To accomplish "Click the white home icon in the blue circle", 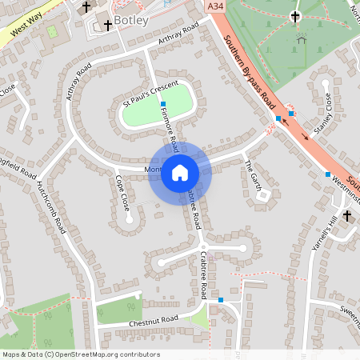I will [180, 173].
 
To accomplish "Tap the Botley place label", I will [130, 20].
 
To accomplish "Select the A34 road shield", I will [214, 6].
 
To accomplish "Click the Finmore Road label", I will [169, 130].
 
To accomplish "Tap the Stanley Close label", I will [325, 113].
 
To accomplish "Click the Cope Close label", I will [122, 193].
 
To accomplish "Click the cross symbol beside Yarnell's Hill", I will [347, 216].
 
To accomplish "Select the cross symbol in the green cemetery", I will [294, 16].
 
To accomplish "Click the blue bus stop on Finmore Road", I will [162, 105].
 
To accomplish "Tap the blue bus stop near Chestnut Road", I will [220, 299].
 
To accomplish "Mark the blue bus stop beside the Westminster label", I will [327, 174].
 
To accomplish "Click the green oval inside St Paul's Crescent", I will [158, 105].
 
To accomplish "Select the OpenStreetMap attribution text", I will [80, 354].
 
